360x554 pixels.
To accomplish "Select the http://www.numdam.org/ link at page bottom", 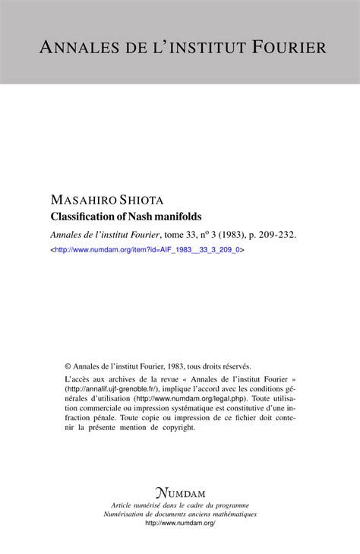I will [x=179, y=524].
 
